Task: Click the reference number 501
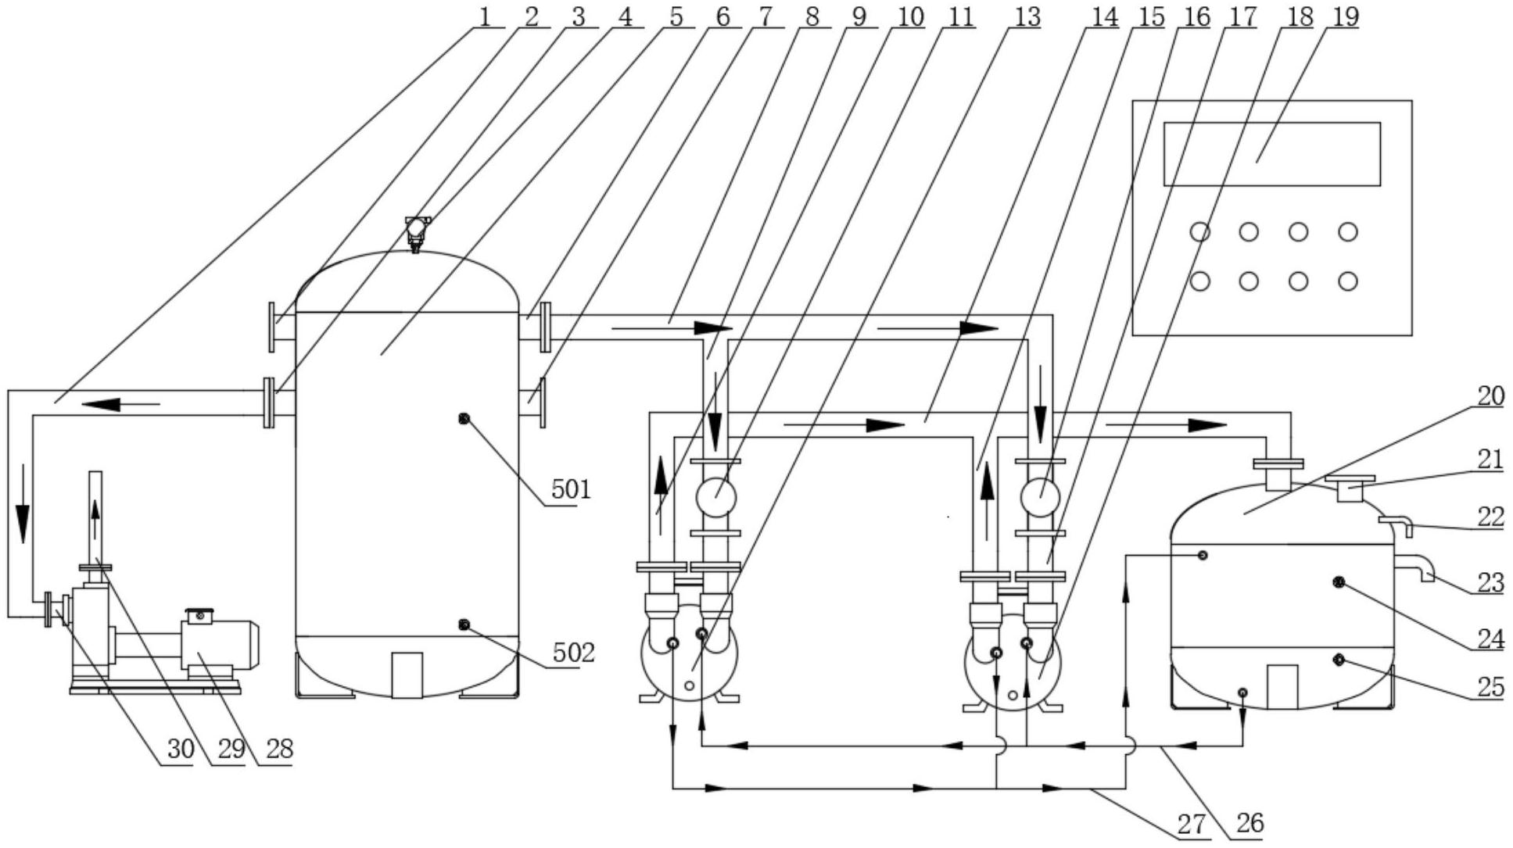(x=571, y=489)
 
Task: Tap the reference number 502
(x=574, y=652)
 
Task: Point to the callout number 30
(x=181, y=749)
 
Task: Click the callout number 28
(x=279, y=749)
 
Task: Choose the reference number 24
(x=1490, y=639)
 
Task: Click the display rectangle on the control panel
(x=1272, y=154)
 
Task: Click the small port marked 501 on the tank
(x=464, y=419)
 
